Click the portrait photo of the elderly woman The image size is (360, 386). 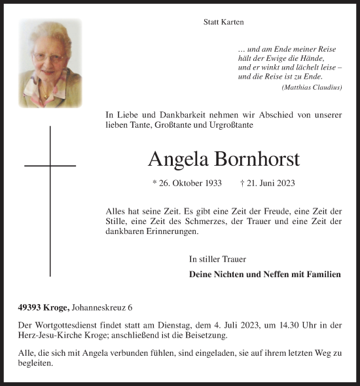click(50, 63)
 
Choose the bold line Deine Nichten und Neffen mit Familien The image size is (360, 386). click(264, 275)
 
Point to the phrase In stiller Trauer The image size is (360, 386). click(218, 259)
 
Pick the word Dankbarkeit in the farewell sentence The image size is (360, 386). click(173, 115)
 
